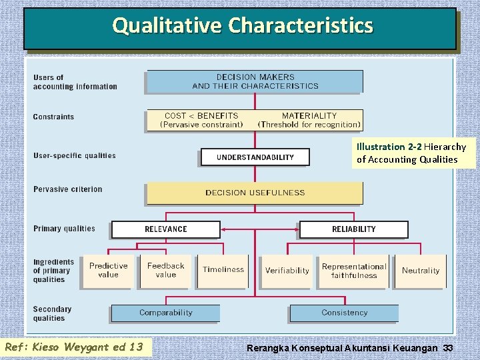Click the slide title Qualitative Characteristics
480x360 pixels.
243,26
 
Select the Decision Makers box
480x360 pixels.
255,81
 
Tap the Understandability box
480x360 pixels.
255,157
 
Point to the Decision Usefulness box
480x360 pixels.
255,193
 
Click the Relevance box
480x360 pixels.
166,229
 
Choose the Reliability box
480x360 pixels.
353,229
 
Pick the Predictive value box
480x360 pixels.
108,270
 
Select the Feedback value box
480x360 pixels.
165,270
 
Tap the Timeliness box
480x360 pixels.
223,270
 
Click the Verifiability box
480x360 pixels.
287,271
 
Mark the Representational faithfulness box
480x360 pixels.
353,271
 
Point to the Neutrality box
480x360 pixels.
420,271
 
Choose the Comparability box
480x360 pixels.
165,313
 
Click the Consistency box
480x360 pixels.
344,313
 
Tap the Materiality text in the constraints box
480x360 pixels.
309,116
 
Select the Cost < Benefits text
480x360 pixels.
201,116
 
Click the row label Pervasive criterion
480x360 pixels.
68,189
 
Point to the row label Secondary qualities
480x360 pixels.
52,313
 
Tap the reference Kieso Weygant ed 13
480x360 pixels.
76,347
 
